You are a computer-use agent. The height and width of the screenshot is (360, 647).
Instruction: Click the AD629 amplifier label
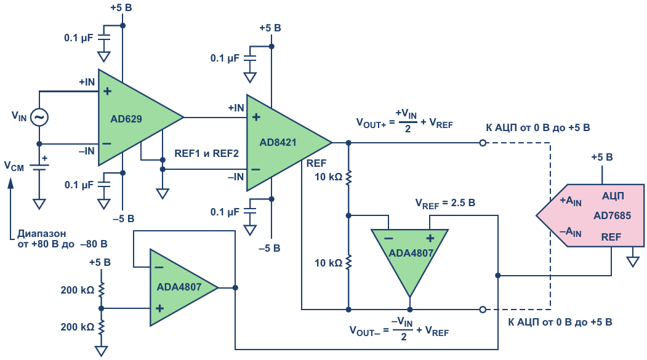click(x=126, y=119)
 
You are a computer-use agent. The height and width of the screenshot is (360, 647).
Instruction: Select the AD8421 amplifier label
click(x=278, y=143)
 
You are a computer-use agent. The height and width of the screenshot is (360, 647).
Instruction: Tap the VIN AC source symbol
click(x=39, y=118)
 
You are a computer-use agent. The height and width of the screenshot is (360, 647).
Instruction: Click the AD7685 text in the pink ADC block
click(x=613, y=215)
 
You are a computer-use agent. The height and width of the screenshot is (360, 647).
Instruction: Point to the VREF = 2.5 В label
click(x=445, y=203)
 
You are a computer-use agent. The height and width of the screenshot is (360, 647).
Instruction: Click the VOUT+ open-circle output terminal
click(x=483, y=143)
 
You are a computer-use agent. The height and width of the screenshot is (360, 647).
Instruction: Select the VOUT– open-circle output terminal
click(x=483, y=310)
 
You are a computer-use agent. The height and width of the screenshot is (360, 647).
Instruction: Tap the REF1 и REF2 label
click(x=206, y=153)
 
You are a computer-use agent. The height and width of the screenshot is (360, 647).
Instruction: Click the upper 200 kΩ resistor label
click(x=78, y=290)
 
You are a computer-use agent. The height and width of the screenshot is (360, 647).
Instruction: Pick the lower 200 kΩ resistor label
click(x=78, y=327)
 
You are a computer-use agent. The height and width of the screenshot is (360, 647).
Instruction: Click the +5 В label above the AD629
click(x=121, y=8)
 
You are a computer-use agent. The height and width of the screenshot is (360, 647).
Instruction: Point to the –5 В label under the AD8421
click(x=270, y=248)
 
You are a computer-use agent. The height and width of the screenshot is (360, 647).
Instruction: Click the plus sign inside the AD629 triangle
click(x=108, y=91)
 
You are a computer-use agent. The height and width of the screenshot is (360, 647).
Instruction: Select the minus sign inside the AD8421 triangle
click(x=256, y=169)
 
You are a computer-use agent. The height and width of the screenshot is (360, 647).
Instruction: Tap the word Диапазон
click(x=42, y=234)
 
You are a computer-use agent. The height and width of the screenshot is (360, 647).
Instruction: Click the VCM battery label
click(x=14, y=166)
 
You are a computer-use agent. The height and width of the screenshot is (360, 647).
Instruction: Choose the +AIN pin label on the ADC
click(x=571, y=201)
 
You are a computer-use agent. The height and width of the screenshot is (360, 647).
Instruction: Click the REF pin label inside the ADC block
click(x=611, y=237)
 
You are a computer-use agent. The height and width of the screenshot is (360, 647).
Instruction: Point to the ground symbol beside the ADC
click(x=633, y=260)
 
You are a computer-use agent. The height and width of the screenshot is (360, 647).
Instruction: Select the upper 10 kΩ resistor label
click(x=329, y=177)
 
